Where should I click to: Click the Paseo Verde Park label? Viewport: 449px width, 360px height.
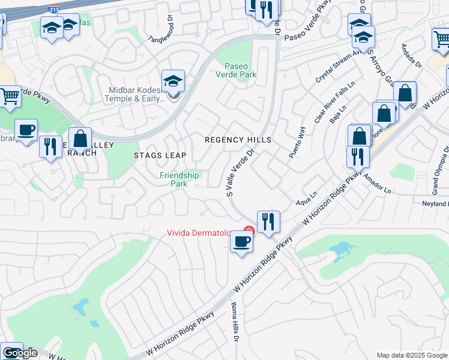[x=240, y=70]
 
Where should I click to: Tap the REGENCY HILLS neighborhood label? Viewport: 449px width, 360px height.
[x=238, y=140]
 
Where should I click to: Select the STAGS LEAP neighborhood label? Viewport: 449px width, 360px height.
[x=160, y=155]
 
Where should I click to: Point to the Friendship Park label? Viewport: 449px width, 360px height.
[x=179, y=179]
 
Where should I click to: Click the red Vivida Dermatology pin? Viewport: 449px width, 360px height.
[x=249, y=230]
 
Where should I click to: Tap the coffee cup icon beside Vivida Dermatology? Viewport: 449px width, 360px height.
[x=241, y=242]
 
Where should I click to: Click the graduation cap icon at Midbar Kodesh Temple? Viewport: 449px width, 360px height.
[x=173, y=80]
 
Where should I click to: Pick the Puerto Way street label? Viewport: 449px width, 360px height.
[x=297, y=142]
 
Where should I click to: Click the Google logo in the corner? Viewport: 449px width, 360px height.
[x=19, y=353]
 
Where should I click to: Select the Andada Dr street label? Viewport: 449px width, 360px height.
[x=412, y=55]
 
